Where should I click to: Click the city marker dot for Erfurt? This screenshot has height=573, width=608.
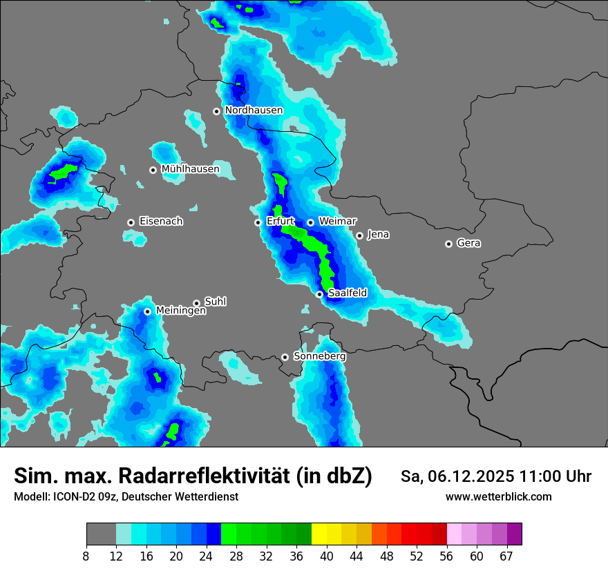point(258,222)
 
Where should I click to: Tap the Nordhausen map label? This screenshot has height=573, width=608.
point(254,110)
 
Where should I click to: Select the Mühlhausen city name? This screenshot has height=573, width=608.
point(190,169)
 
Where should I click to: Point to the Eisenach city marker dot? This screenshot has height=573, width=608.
point(131,222)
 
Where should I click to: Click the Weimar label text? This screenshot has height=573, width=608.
point(338,222)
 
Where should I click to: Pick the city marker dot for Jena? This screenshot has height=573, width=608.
point(359,235)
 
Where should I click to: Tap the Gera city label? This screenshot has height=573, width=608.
point(468,243)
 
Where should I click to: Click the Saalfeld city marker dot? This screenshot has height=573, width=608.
point(319,294)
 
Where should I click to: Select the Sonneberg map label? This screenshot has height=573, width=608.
point(319,356)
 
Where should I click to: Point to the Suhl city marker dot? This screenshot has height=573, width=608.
point(196,303)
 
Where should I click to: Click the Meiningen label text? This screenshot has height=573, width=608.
point(181,311)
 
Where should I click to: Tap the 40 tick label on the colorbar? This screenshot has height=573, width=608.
point(327,556)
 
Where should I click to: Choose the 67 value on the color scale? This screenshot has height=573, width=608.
point(506,556)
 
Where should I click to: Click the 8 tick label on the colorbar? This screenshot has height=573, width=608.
point(86,556)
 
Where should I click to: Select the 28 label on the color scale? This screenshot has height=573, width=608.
point(236,556)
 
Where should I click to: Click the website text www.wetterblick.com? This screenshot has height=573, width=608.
point(498,496)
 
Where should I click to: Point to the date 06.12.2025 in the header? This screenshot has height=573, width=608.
point(469,476)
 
